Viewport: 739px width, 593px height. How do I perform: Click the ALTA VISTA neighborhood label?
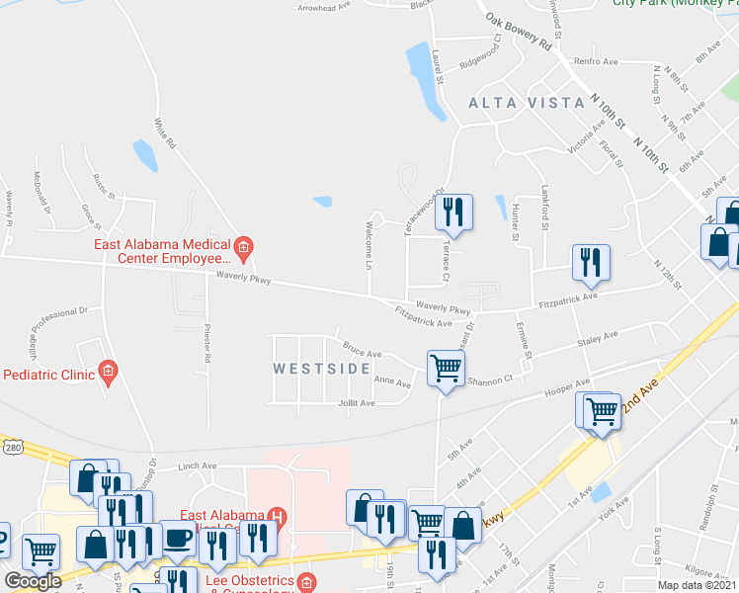click(x=513, y=103)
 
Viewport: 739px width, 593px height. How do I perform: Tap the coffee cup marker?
click(x=179, y=538)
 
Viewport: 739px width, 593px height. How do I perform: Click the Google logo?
click(x=33, y=581)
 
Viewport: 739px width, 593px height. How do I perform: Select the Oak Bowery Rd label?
click(x=516, y=33)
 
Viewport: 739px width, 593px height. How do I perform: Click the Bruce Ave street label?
click(x=362, y=352)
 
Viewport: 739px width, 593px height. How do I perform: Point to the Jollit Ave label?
click(x=357, y=403)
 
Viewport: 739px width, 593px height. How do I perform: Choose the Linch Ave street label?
click(x=197, y=466)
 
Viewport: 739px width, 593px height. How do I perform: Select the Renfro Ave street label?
click(x=597, y=61)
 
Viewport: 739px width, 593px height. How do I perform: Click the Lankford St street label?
click(x=544, y=204)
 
